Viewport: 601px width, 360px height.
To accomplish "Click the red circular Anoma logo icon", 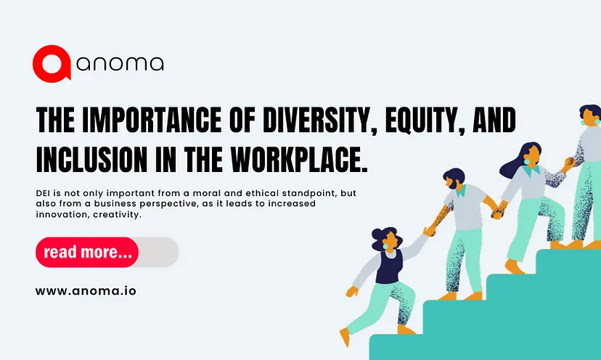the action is [52, 64].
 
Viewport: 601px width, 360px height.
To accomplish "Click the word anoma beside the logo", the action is [120, 64].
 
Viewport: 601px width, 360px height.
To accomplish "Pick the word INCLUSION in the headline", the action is [91, 159].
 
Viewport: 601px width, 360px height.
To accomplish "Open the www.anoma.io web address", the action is [86, 291].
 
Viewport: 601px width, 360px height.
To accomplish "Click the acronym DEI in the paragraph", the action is [43, 193].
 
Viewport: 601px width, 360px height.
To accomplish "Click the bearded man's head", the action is [454, 179].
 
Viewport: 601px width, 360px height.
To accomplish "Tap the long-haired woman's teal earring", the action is [528, 162].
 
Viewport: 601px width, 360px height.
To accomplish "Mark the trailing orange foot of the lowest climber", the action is [345, 337].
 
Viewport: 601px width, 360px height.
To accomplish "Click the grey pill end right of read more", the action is [159, 252].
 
